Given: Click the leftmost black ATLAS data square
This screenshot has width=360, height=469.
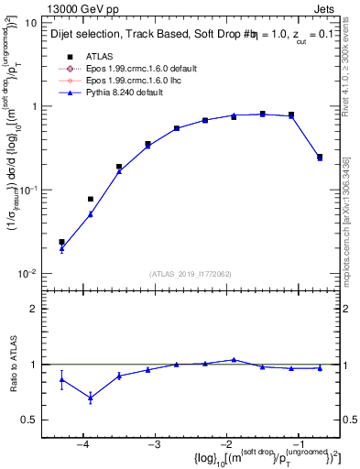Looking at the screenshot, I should [61, 242].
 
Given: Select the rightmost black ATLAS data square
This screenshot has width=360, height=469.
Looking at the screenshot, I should [320, 157].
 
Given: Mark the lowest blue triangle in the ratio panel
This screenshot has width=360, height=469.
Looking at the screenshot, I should [91, 398].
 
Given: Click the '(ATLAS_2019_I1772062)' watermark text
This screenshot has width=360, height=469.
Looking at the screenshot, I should [190, 272].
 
